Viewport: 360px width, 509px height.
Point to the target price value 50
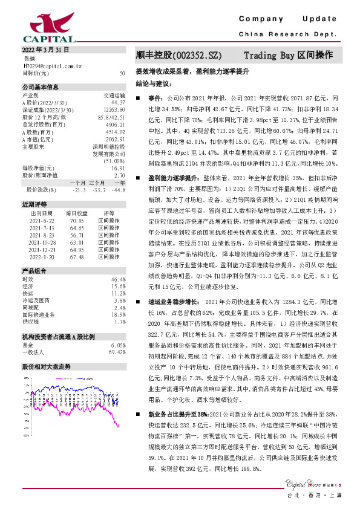(x=123, y=73)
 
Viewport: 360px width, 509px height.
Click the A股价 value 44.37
(x=119, y=103)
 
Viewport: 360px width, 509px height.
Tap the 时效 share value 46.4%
(x=119, y=279)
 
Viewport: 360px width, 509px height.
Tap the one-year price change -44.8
(x=118, y=189)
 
